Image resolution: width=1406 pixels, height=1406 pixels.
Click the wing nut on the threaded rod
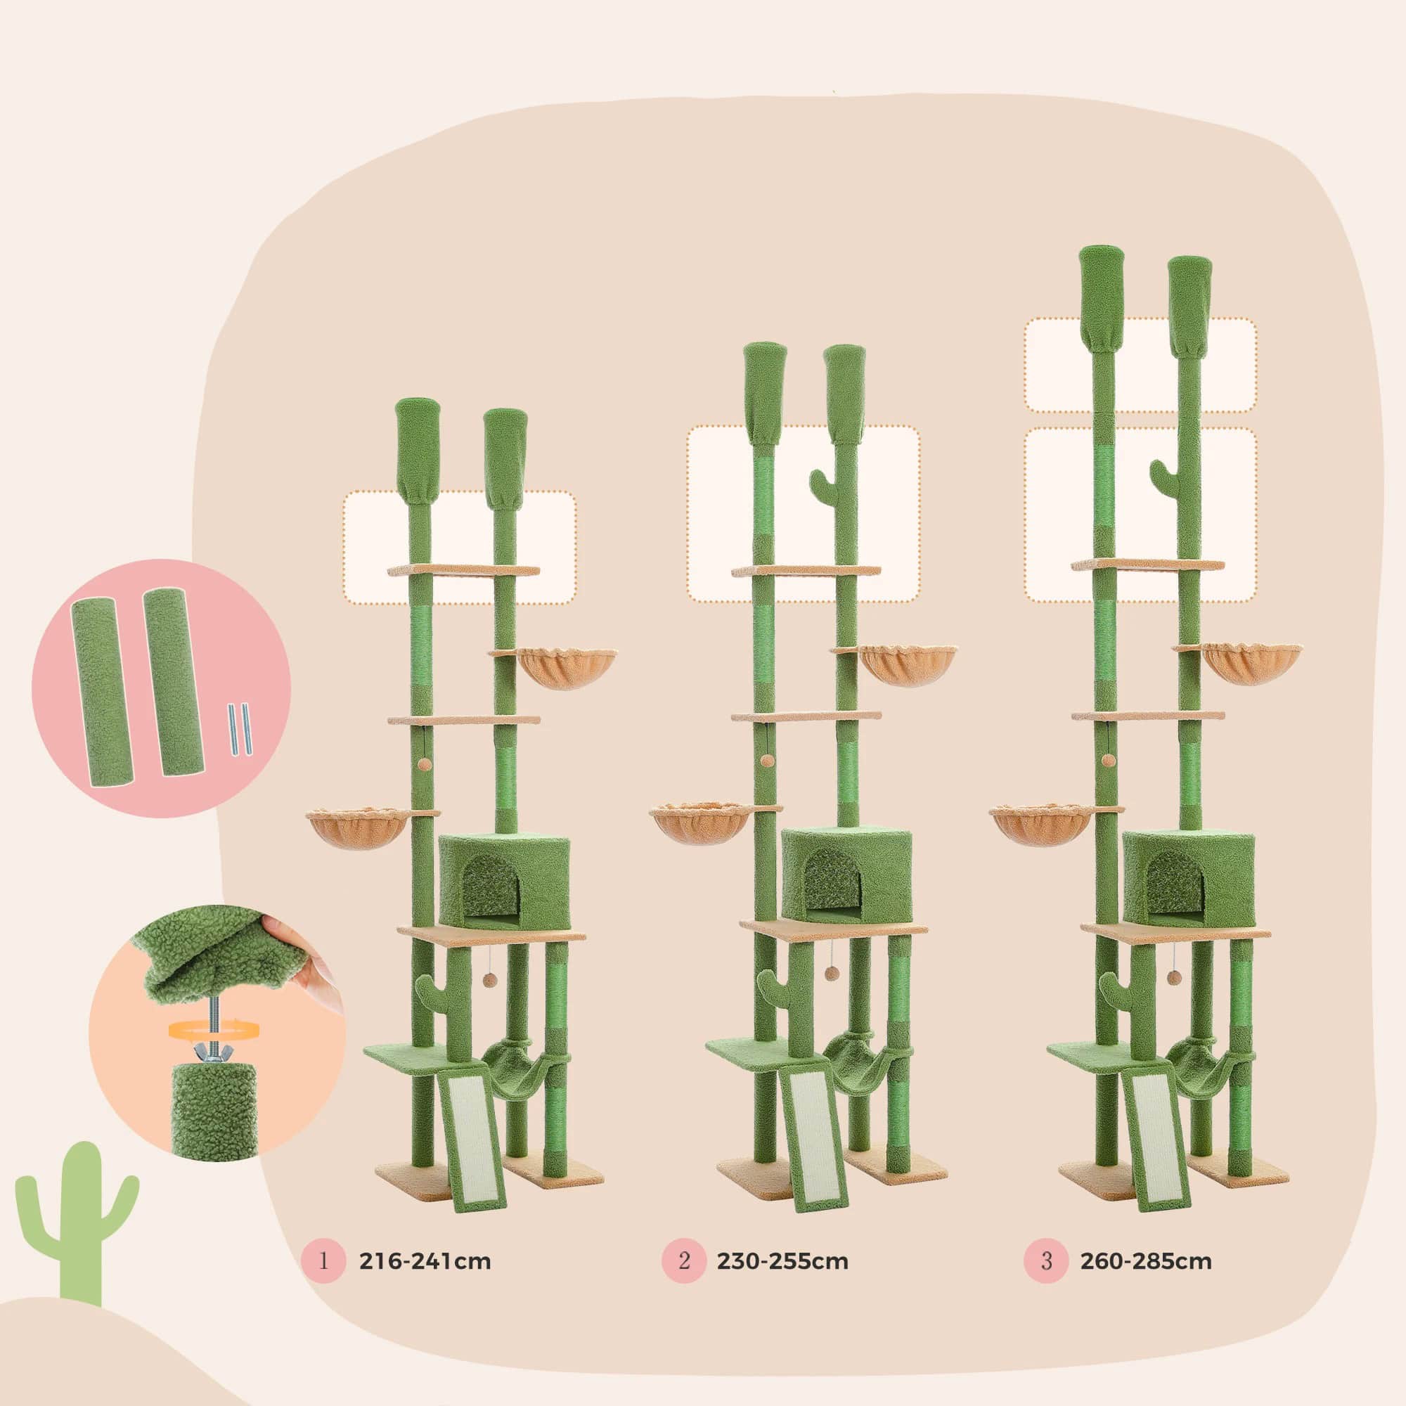tap(211, 1052)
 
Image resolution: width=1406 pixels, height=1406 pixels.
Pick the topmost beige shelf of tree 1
tap(463, 571)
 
